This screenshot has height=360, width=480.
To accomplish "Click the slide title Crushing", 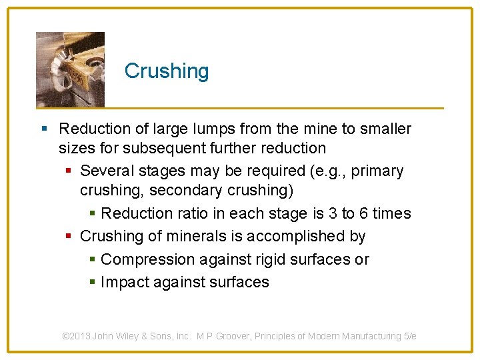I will (x=167, y=71).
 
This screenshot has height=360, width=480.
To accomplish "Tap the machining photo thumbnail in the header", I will (x=70, y=69).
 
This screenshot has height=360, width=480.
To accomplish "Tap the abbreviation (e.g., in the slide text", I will (x=328, y=171).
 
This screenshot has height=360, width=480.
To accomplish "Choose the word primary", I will (x=377, y=171).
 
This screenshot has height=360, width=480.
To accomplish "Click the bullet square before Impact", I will (x=92, y=283).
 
